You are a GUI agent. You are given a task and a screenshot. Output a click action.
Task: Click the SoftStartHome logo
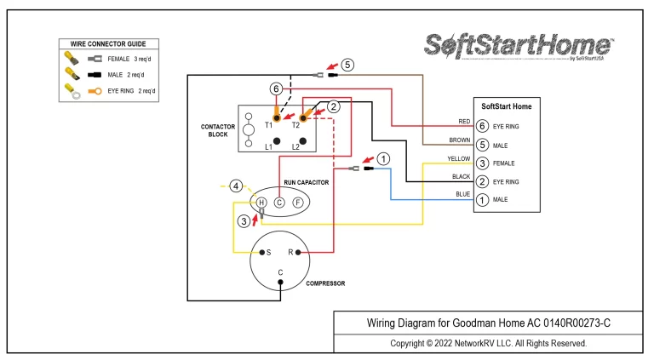point(519,46)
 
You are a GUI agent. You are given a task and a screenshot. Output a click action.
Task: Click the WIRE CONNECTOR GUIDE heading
point(108,43)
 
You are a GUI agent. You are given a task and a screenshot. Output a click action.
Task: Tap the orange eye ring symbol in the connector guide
point(95,91)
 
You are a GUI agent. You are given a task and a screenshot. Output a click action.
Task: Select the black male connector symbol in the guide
point(95,75)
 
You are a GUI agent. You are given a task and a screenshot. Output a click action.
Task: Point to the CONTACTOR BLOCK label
point(218,130)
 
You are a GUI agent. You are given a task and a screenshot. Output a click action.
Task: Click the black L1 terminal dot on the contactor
point(277,141)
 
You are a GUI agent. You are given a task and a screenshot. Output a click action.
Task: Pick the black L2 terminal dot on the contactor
point(303,141)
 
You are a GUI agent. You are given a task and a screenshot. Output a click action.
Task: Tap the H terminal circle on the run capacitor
point(261,203)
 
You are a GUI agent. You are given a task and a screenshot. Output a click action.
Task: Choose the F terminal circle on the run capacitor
point(298,203)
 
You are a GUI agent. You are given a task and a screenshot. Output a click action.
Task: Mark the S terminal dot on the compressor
point(262,252)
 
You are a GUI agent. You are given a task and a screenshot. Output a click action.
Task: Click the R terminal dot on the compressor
point(298,252)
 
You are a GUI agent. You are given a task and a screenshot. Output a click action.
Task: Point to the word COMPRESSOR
point(325,283)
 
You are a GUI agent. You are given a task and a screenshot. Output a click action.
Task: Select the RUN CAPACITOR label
point(307,182)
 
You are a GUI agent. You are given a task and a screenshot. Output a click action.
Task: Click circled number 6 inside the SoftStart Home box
point(482,126)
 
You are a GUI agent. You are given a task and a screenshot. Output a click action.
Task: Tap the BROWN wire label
point(460,140)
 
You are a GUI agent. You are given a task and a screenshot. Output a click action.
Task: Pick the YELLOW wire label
point(459,159)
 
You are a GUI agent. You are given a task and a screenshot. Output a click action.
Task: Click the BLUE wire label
point(463,194)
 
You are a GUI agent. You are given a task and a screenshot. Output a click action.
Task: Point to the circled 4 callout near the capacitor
point(236,186)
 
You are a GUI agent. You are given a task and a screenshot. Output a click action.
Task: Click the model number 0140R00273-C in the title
point(577,323)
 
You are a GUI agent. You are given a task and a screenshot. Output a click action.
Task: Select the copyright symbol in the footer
point(428,343)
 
